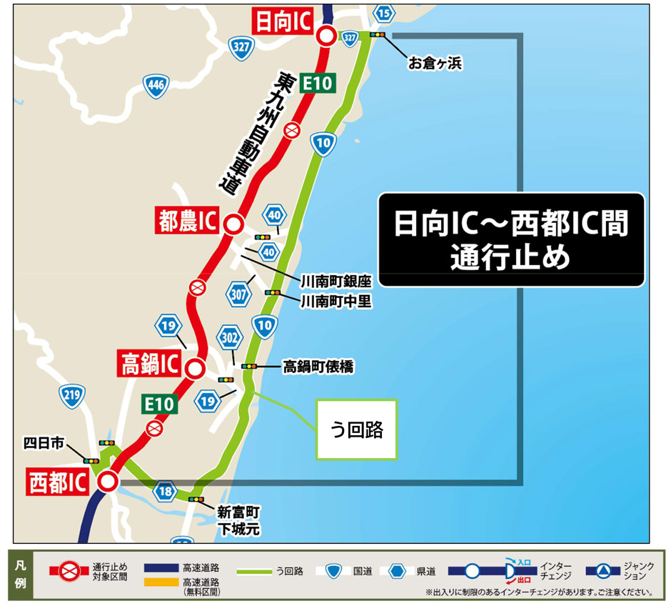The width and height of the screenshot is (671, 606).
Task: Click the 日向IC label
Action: [283, 21]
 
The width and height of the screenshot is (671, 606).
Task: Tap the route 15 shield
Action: [384, 12]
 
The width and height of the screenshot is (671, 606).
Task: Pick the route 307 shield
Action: [239, 292]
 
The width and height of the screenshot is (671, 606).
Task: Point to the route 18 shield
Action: [166, 492]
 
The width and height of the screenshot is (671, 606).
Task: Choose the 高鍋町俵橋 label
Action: [318, 367]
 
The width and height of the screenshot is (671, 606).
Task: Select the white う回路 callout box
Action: [356, 429]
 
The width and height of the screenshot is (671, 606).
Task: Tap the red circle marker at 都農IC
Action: [232, 224]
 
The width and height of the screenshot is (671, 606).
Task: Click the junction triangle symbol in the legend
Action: [602, 570]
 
